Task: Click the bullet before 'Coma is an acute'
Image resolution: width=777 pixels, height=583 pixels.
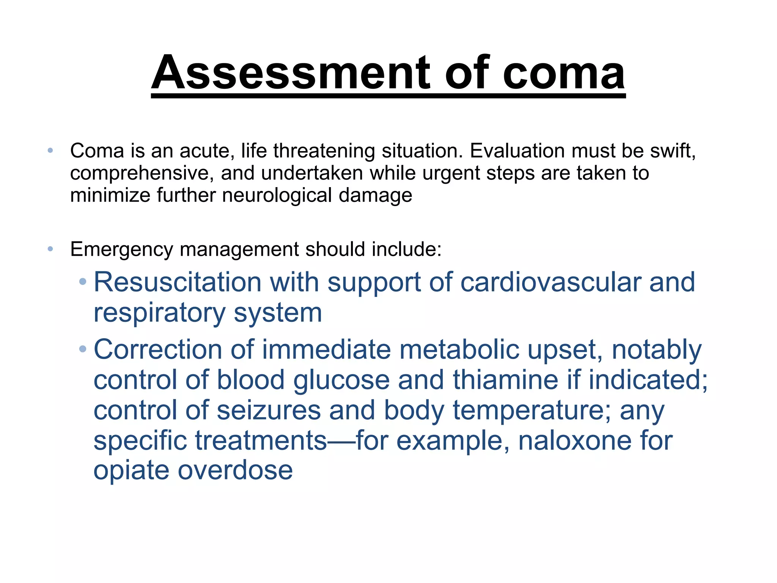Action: coord(50,151)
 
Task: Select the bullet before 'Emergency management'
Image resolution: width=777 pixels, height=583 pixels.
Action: coord(50,249)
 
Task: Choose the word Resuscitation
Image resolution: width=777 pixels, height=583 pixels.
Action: coord(177,282)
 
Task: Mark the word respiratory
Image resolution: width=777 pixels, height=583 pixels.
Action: coord(159,314)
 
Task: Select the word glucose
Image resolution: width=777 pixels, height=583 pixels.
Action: coord(341,380)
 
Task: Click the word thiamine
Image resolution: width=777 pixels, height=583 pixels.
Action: coord(505,380)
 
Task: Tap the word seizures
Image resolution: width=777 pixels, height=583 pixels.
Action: coord(269,411)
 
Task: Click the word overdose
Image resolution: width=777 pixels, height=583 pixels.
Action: coord(235,471)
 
